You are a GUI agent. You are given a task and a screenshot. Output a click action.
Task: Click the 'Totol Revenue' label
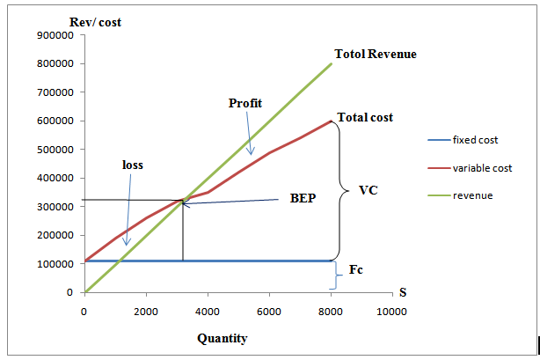(x=376, y=55)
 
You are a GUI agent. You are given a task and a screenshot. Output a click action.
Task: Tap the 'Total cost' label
(x=365, y=117)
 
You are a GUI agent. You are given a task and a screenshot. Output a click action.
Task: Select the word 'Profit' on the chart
(x=245, y=103)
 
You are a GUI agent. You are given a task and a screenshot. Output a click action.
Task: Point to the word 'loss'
(x=132, y=165)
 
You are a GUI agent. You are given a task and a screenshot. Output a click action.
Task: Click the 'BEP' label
(x=302, y=199)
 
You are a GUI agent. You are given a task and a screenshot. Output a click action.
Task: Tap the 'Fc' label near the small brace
(x=356, y=270)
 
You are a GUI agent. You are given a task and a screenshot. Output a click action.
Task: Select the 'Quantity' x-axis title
(x=222, y=338)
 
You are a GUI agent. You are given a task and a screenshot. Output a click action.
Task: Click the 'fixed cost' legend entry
(x=476, y=140)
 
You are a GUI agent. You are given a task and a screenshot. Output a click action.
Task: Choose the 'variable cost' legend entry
(x=482, y=167)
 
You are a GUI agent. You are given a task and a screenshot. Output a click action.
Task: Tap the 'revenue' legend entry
(x=472, y=195)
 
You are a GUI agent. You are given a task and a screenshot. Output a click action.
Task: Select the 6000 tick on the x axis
(x=269, y=311)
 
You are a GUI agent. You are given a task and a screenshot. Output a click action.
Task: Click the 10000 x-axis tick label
(x=393, y=311)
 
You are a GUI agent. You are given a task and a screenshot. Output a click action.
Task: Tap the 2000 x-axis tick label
(x=146, y=311)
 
